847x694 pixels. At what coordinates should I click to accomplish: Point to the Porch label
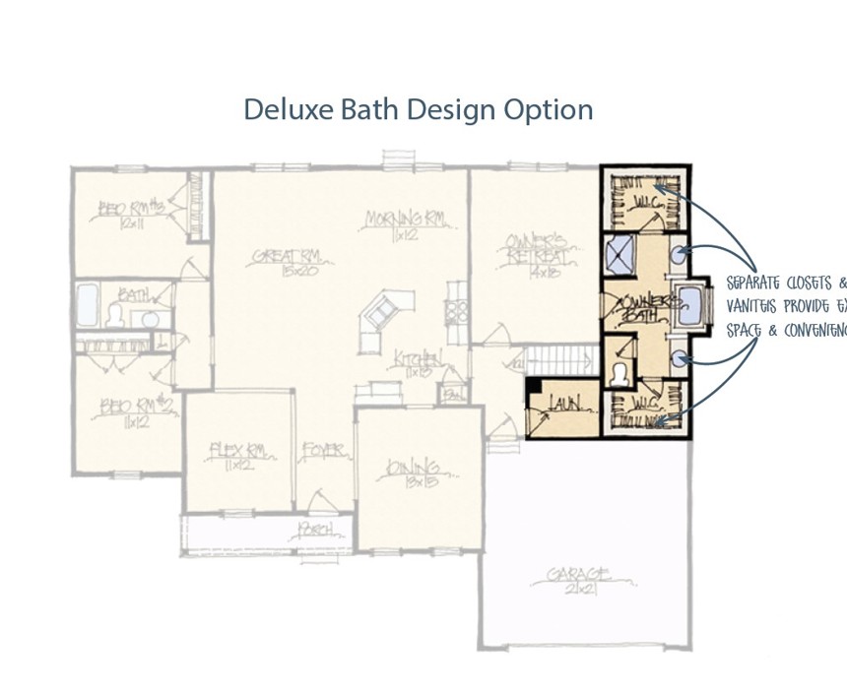tap(317, 532)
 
